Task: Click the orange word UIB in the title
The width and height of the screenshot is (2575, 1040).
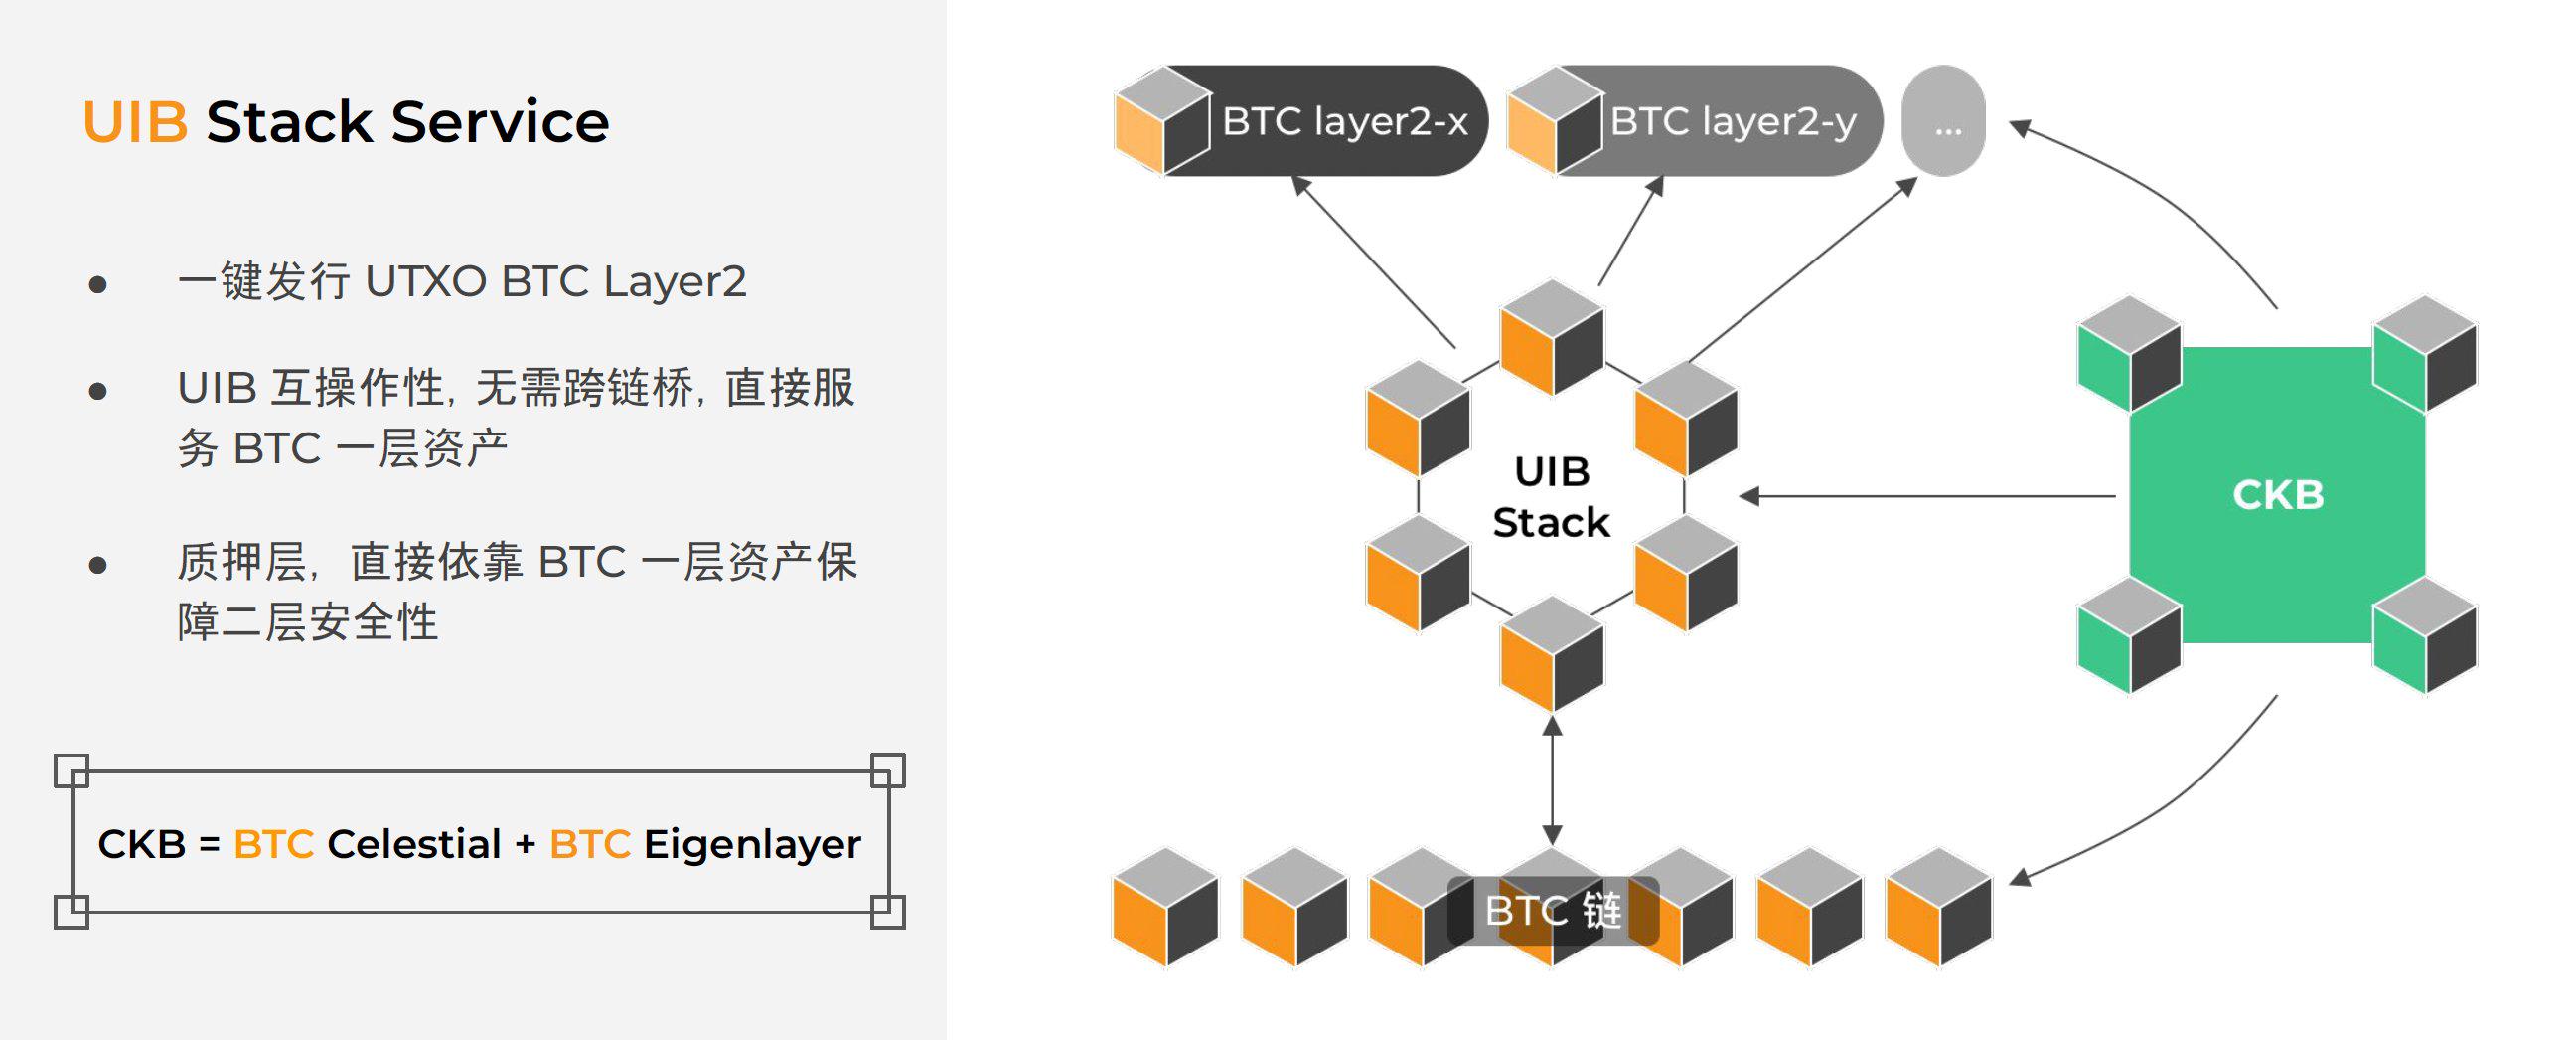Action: (134, 123)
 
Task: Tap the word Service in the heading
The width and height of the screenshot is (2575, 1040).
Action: (500, 123)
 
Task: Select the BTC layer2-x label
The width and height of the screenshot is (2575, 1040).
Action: (1344, 122)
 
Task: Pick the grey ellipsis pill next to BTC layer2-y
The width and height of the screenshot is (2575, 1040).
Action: (1943, 122)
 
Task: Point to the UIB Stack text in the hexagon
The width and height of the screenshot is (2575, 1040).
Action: (1552, 497)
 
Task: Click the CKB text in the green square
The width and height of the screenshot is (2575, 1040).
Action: (2278, 495)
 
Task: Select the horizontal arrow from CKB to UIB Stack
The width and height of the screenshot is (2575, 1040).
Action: (1929, 496)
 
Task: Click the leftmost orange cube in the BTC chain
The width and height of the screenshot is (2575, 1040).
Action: (1165, 907)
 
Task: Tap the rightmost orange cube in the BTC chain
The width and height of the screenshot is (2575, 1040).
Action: (1938, 907)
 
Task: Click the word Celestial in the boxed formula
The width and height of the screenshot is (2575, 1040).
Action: (414, 845)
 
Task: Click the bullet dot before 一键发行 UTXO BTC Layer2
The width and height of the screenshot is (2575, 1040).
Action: (98, 285)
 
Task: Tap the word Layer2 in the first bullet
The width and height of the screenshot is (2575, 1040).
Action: (675, 282)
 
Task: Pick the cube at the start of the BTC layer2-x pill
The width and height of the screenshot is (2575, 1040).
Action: (1162, 122)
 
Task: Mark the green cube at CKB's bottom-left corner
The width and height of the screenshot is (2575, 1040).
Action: (2128, 636)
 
